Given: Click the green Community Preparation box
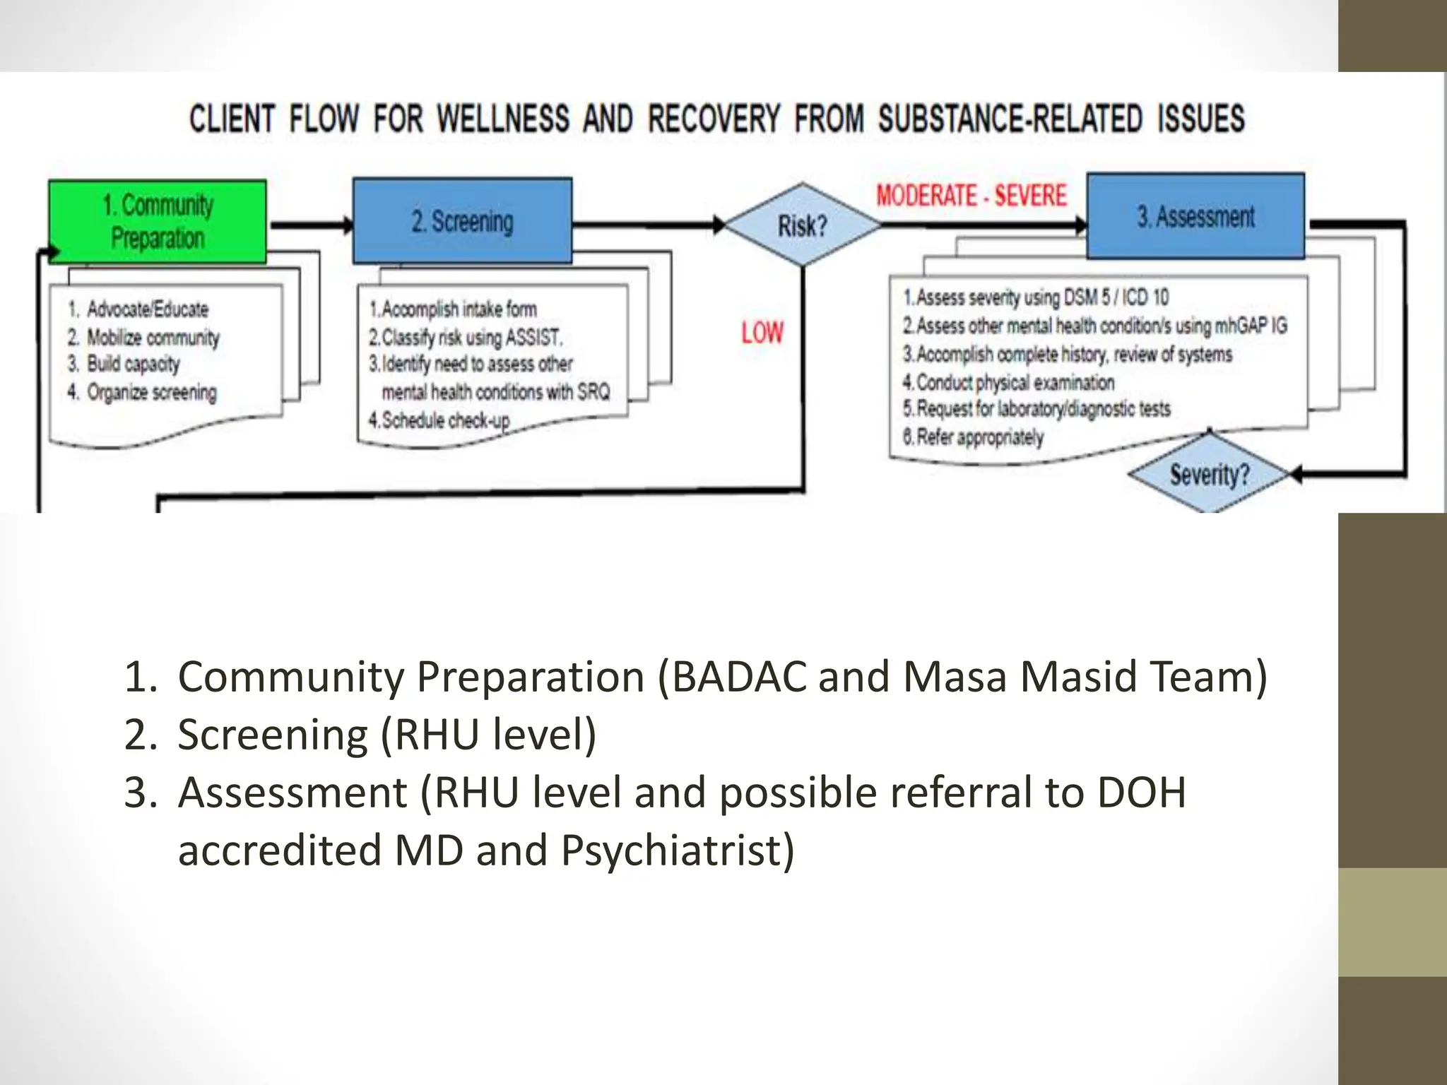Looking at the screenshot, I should point(158,221).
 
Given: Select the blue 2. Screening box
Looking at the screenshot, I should point(462,221).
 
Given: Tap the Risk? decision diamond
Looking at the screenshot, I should point(802,225).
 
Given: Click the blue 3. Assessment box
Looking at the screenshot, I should point(1195,216).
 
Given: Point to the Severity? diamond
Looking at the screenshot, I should point(1209,474).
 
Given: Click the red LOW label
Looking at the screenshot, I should point(762,333).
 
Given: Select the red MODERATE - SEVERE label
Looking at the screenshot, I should point(971,196).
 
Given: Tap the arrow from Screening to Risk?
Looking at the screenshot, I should point(646,225).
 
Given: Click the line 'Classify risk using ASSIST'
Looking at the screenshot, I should point(466,338).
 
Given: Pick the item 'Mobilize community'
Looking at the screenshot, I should point(152,338).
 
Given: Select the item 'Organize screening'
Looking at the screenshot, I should point(150,392).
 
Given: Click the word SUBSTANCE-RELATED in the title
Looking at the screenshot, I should point(1010,119).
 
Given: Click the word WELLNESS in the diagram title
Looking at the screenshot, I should point(502,119).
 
